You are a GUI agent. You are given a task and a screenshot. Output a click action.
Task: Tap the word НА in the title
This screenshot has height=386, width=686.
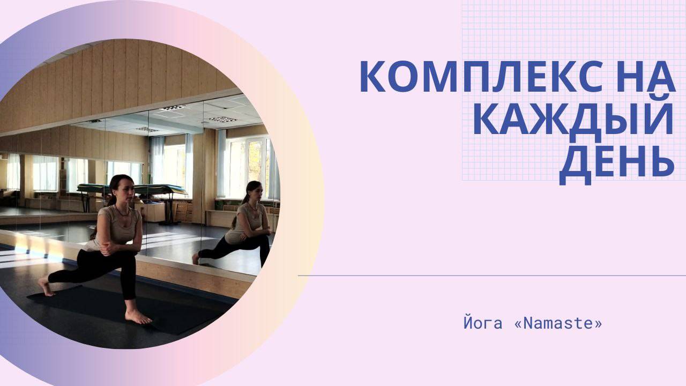(x=646, y=76)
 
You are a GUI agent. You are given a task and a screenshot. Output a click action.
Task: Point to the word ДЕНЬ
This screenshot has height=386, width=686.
(x=617, y=166)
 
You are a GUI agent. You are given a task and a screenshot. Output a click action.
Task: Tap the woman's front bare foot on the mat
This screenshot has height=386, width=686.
(x=138, y=317)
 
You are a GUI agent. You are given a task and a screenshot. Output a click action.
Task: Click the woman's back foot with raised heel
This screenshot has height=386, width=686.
(x=46, y=286)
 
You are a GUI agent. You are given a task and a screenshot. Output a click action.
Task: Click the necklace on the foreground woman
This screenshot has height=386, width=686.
(x=123, y=212)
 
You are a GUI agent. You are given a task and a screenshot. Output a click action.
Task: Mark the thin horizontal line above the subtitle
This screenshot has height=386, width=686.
(x=492, y=276)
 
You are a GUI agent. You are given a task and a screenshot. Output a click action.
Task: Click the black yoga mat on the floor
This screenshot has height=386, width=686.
(x=129, y=309)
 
